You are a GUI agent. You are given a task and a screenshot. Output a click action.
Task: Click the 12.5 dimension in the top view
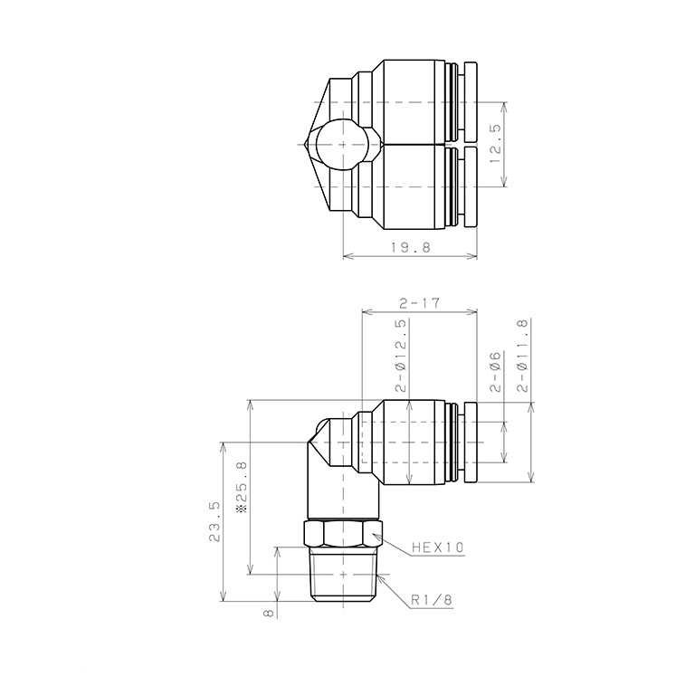pos(495,144)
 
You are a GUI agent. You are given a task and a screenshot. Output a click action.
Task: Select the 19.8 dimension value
pos(409,248)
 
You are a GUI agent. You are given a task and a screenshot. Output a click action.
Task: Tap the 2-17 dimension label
pos(418,304)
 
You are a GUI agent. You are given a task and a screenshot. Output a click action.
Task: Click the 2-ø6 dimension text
pos(496,372)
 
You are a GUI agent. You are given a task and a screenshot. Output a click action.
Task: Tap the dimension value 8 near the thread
pos(268,613)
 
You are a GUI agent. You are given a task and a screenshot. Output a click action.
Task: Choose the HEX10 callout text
pos(437,547)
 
